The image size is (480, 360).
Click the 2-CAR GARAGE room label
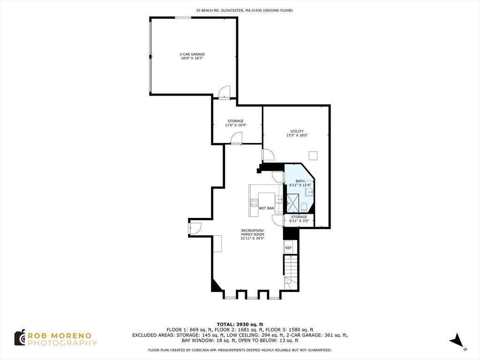pyautogui.click(x=193, y=54)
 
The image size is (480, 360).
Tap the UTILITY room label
pyautogui.click(x=297, y=131)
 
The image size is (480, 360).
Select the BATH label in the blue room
pyautogui.click(x=300, y=181)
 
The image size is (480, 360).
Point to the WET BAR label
pyautogui.click(x=266, y=208)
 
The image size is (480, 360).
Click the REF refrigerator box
pyautogui.click(x=288, y=247)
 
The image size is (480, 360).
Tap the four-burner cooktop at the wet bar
pyautogui.click(x=254, y=203)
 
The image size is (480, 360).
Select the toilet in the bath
pyautogui.click(x=304, y=207)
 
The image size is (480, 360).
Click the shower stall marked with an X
pyautogui.click(x=292, y=203)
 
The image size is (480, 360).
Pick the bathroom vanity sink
pyautogui.click(x=309, y=191)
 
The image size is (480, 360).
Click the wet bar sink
pyautogui.click(x=279, y=199)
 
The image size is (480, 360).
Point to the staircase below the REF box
pyautogui.click(x=290, y=272)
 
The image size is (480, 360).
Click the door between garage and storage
pyautogui.click(x=225, y=92)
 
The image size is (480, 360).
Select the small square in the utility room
pyautogui.click(x=313, y=155)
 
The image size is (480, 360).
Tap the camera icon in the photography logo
pyautogui.click(x=19, y=337)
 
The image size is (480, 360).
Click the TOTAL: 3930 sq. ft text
pyautogui.click(x=240, y=324)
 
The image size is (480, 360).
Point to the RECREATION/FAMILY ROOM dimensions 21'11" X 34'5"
pyautogui.click(x=252, y=239)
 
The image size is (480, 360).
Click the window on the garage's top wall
pyautogui.click(x=183, y=18)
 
